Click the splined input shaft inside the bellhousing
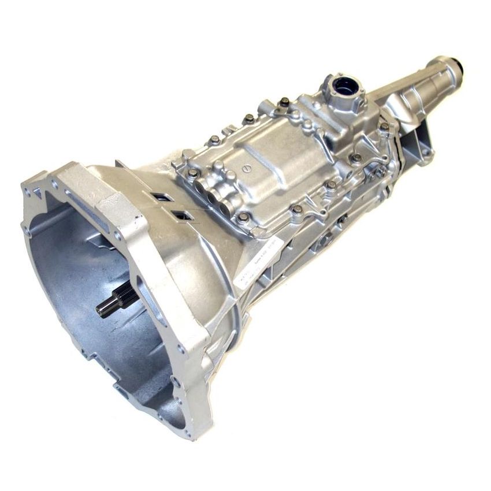click(x=118, y=300)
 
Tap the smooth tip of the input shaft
click(x=101, y=310)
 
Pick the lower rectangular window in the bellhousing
click(x=183, y=215)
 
